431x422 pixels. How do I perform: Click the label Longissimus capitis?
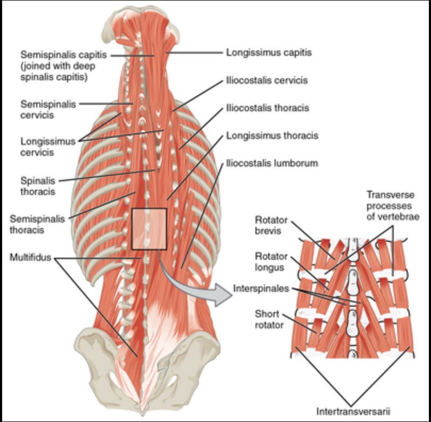coord(269,53)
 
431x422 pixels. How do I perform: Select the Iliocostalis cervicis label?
coord(267,80)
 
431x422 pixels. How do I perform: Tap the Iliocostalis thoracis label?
coord(267,108)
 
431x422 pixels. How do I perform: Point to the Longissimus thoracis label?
coord(272,136)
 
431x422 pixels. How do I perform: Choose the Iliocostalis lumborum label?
coord(271,163)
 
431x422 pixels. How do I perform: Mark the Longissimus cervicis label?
coord(44,147)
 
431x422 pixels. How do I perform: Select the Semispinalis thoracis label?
coord(35,224)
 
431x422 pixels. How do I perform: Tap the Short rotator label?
coord(267,319)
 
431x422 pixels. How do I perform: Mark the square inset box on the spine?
coord(149,229)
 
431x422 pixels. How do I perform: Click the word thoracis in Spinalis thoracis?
coord(38,191)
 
